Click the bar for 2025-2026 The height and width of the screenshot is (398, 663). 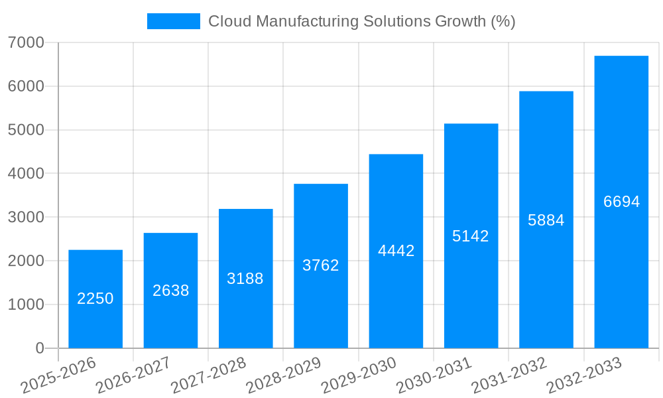(95, 298)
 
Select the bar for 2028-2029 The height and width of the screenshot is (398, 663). (321, 265)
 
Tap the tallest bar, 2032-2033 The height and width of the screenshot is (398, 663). (621, 202)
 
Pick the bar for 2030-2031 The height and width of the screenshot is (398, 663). (471, 235)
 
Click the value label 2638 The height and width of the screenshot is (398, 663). (170, 291)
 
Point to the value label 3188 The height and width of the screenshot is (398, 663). (245, 279)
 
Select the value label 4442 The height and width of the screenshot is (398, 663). (396, 251)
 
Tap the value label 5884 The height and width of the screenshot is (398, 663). (546, 220)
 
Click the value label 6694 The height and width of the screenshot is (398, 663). (621, 202)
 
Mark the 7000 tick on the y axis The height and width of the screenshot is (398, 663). (26, 43)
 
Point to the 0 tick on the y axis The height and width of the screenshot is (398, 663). (39, 348)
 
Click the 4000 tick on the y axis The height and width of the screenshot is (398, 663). (26, 174)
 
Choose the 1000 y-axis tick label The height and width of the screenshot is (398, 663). (26, 304)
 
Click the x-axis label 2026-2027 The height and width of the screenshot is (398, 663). (133, 375)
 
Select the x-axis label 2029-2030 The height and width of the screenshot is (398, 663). (359, 375)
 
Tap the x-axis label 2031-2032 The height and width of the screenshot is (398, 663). (509, 375)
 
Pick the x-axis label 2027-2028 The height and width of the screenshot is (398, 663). (208, 375)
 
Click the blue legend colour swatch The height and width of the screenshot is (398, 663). (173, 21)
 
